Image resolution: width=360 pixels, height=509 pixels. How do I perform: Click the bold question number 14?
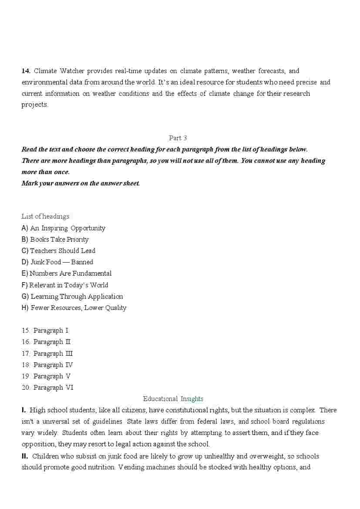[x=26, y=71]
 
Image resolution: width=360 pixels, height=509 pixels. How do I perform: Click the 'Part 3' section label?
[x=178, y=138]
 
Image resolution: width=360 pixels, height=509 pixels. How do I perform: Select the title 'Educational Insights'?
[x=173, y=399]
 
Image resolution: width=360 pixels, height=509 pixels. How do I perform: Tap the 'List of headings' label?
[x=45, y=216]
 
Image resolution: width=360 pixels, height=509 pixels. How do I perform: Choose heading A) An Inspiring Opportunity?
[x=64, y=228]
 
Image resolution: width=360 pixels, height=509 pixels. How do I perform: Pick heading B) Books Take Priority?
[x=55, y=239]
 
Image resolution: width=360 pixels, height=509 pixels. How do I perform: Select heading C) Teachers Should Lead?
[x=58, y=251]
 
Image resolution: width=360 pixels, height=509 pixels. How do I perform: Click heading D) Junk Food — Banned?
[x=57, y=262]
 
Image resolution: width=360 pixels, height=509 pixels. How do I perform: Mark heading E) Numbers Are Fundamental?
[x=67, y=273]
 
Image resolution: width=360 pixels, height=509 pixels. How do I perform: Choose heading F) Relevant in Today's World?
[x=65, y=285]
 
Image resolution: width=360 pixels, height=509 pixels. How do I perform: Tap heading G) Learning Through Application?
[x=72, y=297]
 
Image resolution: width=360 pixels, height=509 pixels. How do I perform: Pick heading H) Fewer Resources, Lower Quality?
[x=74, y=308]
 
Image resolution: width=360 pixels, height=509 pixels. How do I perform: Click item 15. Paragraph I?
[x=45, y=330]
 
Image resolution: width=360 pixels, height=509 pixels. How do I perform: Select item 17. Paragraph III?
[x=47, y=354]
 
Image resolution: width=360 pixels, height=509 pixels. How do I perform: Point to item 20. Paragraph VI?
[x=47, y=388]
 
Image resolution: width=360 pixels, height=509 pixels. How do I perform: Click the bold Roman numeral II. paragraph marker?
[x=25, y=456]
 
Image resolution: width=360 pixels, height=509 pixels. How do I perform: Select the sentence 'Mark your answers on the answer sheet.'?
[x=81, y=183]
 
